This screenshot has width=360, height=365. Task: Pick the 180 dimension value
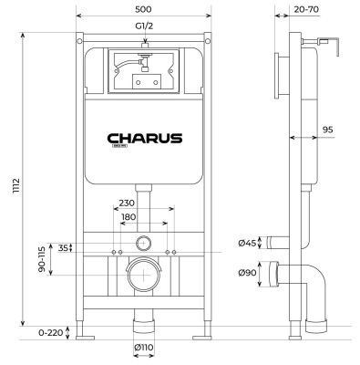pyautogui.click(x=129, y=219)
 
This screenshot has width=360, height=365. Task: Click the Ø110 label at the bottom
pyautogui.click(x=141, y=347)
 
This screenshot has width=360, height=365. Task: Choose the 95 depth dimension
pyautogui.click(x=326, y=130)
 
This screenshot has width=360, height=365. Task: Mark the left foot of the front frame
pyautogui.click(x=84, y=335)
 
